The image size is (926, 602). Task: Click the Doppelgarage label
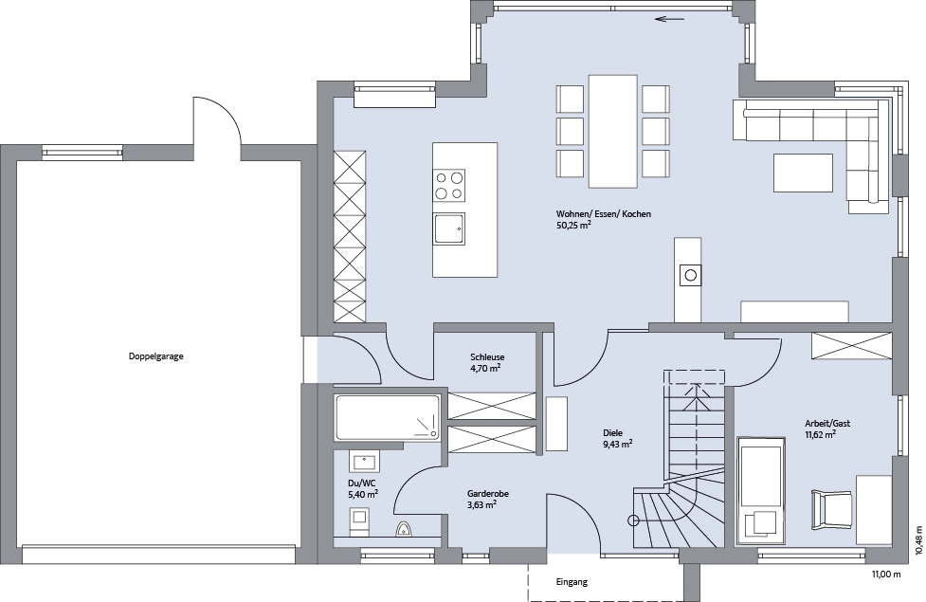coord(155,356)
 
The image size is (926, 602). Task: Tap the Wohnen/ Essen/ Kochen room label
coord(604,214)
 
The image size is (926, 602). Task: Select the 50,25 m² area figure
coord(573,225)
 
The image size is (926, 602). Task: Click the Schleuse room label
coord(487,356)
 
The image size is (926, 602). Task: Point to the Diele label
coord(612,433)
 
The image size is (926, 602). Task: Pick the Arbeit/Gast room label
coord(827,424)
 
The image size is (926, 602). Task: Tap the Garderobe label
coord(488,494)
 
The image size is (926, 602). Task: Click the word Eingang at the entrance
coord(572,582)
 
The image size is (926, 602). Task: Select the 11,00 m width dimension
coord(886,575)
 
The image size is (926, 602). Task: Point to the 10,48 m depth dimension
coord(918,540)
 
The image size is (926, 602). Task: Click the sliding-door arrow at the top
coord(670,19)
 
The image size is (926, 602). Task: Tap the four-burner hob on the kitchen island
coord(449,186)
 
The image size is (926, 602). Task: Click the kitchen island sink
coord(449,228)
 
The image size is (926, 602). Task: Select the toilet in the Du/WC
coord(404,528)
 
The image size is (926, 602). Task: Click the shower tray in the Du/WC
coord(388,418)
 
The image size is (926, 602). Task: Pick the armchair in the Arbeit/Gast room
coord(832,508)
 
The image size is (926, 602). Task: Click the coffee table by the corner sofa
coord(803,173)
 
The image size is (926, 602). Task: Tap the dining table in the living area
coord(613,131)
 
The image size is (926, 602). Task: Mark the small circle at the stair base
coord(633,520)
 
